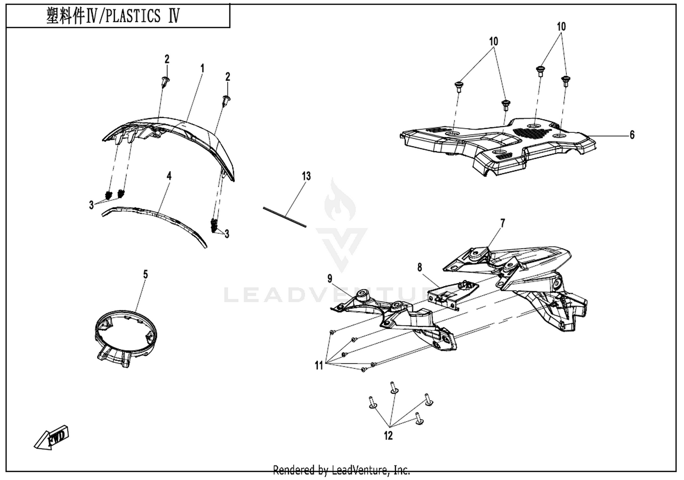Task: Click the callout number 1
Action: coord(202,68)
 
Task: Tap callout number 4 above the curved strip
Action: coord(169,176)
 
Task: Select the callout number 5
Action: coord(145,275)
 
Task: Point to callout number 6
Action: coord(632,135)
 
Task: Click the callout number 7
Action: coord(503,224)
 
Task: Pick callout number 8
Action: coord(420,268)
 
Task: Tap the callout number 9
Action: coord(330,279)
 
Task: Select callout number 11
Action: coord(319,365)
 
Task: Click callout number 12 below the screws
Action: coord(388,436)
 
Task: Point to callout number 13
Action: coord(306,176)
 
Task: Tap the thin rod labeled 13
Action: coord(285,217)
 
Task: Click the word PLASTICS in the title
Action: coord(133,16)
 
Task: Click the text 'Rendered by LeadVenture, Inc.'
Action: coord(342,470)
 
